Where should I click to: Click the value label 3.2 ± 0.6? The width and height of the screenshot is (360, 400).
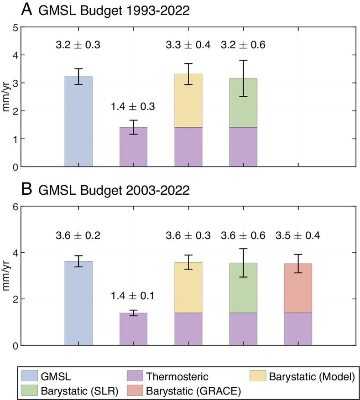pos(243,45)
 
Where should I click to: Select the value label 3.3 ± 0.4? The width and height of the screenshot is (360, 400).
pos(188,45)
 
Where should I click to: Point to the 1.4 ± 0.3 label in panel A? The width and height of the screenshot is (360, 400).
pos(133,107)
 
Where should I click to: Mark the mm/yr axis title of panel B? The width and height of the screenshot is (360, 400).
pos(6,275)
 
